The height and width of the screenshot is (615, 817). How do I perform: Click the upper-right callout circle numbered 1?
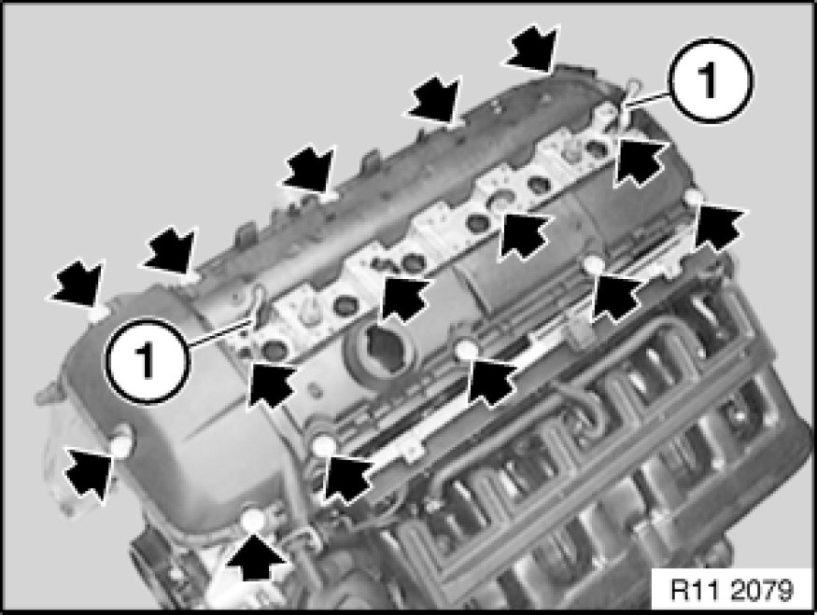(x=711, y=80)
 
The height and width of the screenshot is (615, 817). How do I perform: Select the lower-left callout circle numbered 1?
(x=147, y=360)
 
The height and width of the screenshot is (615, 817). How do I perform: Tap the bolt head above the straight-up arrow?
(x=254, y=520)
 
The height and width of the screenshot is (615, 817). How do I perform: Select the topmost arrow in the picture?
(x=531, y=49)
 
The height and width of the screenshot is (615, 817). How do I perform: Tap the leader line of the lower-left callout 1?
(x=218, y=333)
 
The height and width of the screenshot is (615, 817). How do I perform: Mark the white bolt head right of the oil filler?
(x=466, y=350)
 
